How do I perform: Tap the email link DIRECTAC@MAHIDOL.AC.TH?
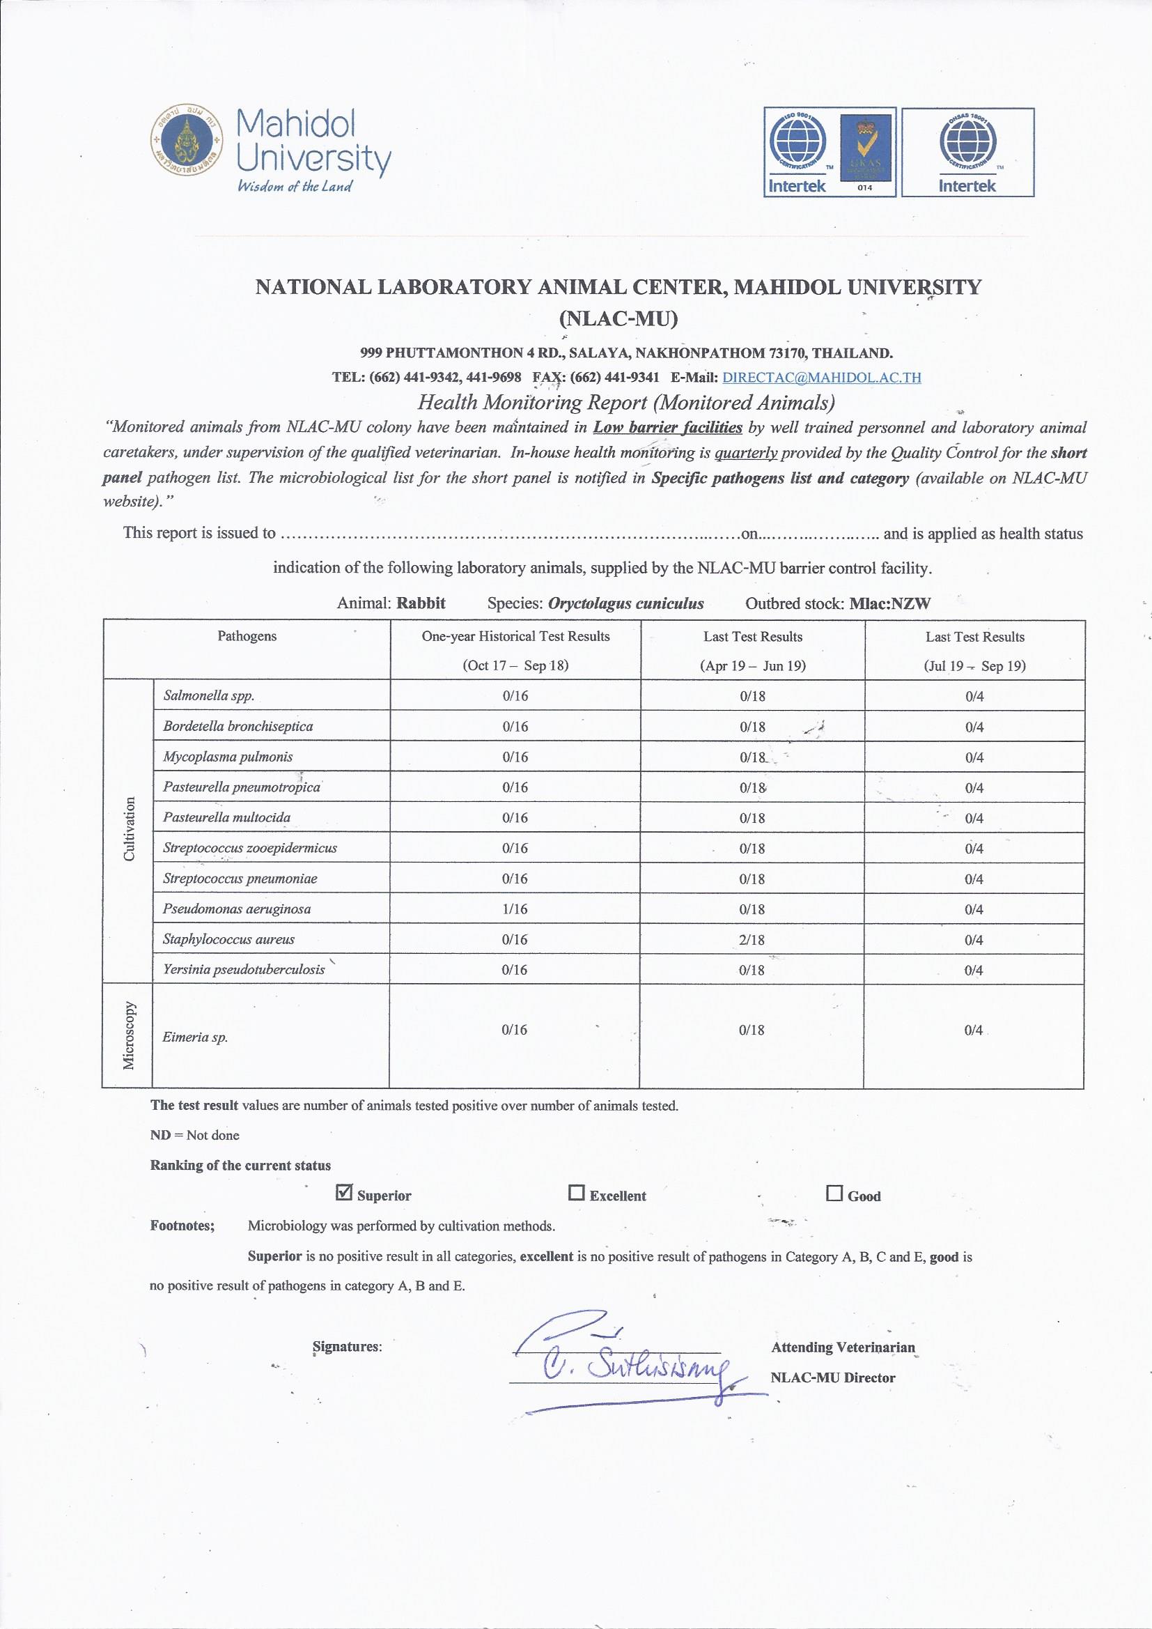[x=821, y=378]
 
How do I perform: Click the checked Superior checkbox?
[x=343, y=1193]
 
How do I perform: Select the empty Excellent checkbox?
[x=576, y=1193]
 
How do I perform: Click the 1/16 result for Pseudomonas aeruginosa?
[x=515, y=909]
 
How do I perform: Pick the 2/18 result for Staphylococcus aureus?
[x=752, y=939]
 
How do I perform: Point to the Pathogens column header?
[x=247, y=636]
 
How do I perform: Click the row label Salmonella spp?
[x=208, y=695]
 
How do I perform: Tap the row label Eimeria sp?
[x=195, y=1037]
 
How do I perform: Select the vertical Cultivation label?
[x=129, y=829]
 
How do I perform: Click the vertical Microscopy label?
[x=129, y=1036]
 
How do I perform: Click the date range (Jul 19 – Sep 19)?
[x=974, y=666]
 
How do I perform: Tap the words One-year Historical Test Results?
[x=515, y=636]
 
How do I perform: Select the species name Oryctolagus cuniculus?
[x=625, y=604]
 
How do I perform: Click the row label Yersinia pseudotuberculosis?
[x=244, y=969]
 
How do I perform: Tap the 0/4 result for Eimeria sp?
[x=973, y=1030]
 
